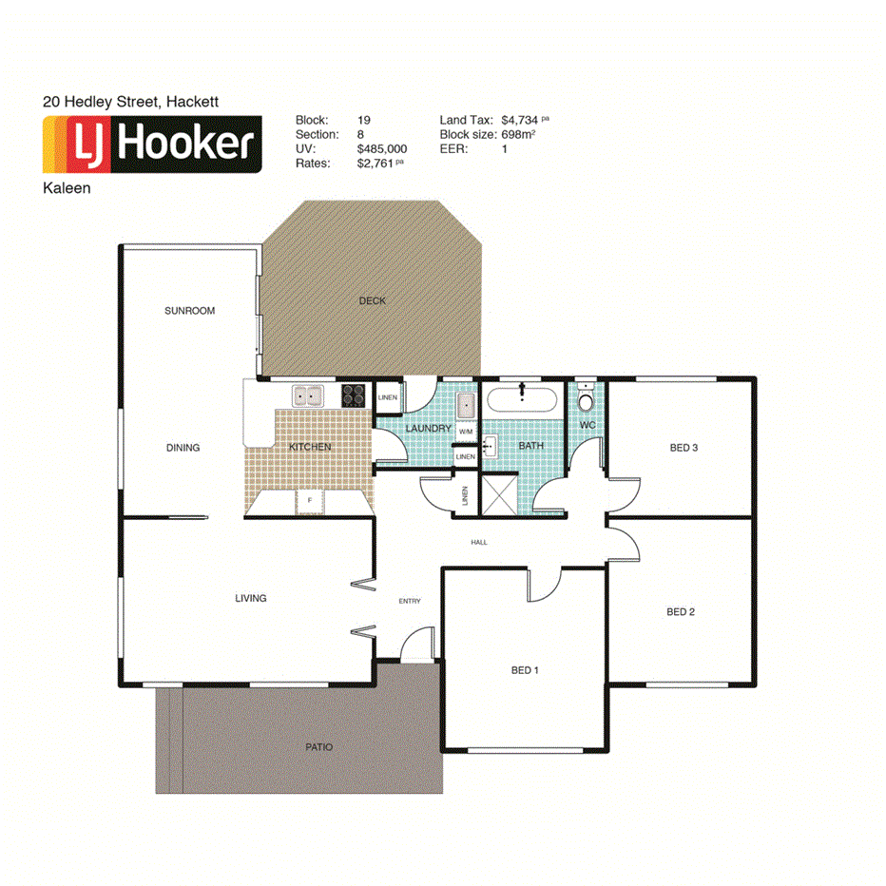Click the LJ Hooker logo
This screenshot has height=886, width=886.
point(152,145)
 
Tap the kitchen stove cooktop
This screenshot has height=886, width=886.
point(355,395)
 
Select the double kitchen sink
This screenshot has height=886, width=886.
point(308,395)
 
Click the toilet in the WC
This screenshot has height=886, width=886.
point(587,395)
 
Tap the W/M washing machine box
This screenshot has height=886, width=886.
point(466,432)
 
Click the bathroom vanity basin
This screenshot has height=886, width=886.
point(491,445)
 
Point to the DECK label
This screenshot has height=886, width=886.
point(373,301)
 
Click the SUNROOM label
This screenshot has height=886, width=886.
point(189,311)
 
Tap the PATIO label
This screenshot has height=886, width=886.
point(319,747)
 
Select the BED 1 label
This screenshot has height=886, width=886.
point(525,670)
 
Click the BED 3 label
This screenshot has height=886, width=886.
point(684,447)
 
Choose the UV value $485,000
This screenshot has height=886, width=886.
point(382,149)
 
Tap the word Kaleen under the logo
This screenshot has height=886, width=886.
point(67,188)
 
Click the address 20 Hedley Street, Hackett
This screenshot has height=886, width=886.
point(131,100)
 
